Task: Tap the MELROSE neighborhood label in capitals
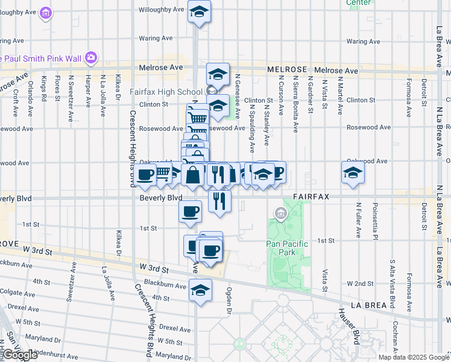point(287,70)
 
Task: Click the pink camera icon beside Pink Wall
point(91,57)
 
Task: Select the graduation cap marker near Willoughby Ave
point(200,11)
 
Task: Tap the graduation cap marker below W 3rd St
point(200,291)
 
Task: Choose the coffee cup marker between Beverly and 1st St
point(190,211)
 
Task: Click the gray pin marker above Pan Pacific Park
point(280,213)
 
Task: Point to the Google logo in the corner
point(19,355)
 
